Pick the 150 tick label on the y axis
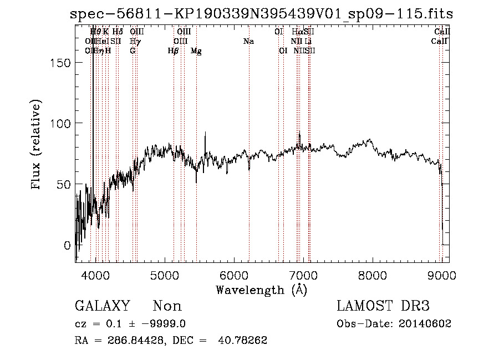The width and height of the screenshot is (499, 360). [59, 63]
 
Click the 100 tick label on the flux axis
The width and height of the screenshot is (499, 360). [59, 123]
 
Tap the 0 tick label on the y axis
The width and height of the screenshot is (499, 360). [67, 245]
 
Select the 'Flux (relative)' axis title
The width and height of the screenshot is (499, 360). [37, 146]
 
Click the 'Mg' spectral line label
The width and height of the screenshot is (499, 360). [196, 51]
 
